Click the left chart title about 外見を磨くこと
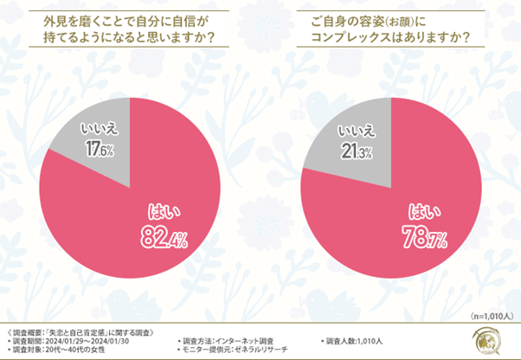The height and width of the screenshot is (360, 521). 129,29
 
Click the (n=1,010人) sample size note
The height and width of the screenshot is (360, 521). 491,316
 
